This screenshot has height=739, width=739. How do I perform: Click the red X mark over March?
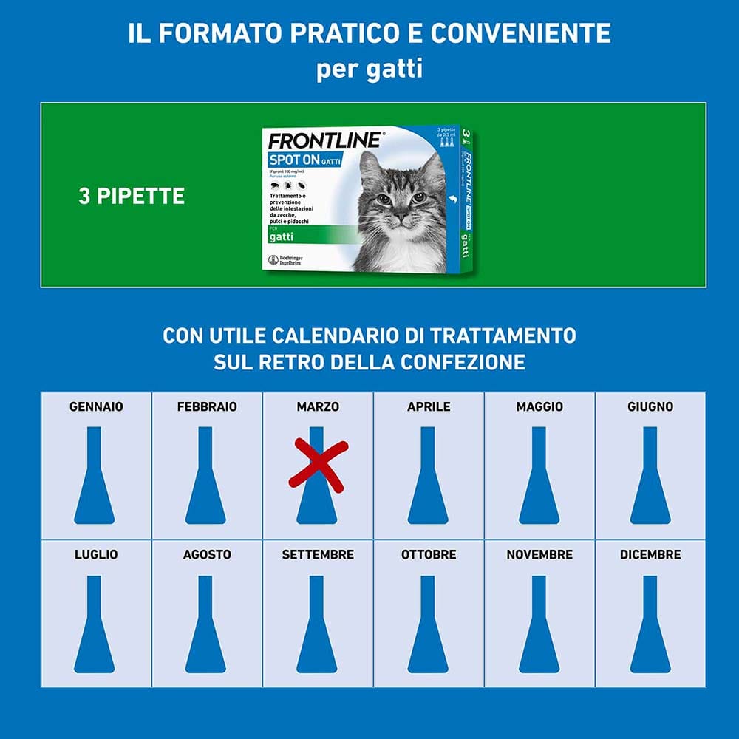pyautogui.click(x=318, y=465)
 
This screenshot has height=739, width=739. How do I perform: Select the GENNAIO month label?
pyautogui.click(x=96, y=406)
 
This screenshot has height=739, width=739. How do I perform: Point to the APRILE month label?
pyautogui.click(x=429, y=406)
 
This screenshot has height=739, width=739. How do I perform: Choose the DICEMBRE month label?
pyautogui.click(x=650, y=554)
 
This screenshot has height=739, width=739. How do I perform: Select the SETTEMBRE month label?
pyautogui.click(x=318, y=554)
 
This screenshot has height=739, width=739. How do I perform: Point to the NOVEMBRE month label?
pyautogui.click(x=539, y=554)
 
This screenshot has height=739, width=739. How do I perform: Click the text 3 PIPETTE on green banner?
pyautogui.click(x=132, y=197)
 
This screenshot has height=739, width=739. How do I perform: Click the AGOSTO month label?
pyautogui.click(x=207, y=554)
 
